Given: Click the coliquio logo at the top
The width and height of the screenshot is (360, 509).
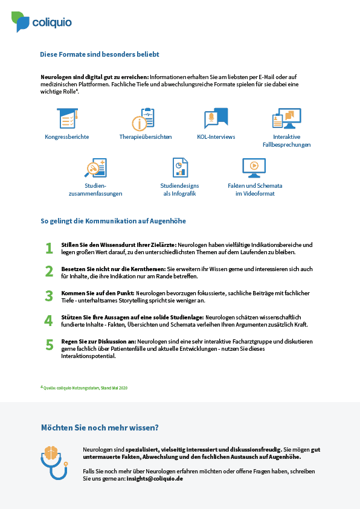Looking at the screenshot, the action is pos(42,22).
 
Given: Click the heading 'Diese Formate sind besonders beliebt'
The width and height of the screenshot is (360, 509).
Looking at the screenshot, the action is pos(99,54).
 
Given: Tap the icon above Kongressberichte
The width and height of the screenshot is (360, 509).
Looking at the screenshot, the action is pos(68,118).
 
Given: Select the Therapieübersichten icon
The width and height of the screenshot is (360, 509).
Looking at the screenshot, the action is pos(143,119).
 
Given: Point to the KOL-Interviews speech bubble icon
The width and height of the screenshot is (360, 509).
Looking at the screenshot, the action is pos(216,118).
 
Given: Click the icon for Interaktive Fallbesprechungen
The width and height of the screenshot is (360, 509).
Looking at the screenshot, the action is pos(287,118).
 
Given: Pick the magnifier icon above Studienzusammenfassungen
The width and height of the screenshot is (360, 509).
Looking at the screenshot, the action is pos(95,168).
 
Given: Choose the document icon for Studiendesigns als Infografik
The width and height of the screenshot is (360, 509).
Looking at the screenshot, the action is pos(180,167).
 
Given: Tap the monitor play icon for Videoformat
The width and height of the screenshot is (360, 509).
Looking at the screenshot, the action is pos(254,168).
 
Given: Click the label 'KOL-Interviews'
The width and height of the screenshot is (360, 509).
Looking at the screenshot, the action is pos(216,136).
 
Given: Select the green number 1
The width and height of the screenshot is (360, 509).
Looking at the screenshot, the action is pos(49,248).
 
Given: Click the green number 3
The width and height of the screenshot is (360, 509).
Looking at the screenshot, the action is pos(49,296).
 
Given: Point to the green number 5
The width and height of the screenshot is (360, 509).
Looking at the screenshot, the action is pos(50,345).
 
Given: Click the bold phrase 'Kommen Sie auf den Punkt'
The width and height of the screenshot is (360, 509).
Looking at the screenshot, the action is pos(98,293).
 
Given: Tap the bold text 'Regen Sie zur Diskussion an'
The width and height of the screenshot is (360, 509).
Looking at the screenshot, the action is pos(98,342).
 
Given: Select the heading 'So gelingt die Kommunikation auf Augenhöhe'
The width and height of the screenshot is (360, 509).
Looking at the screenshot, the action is pos(113,221).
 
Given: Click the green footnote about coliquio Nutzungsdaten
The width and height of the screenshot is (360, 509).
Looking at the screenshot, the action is pos(84,388).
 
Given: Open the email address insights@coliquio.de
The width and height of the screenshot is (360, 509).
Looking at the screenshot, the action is pos(155,478).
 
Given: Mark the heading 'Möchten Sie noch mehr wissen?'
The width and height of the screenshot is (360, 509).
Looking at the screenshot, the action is pos(100,427).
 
